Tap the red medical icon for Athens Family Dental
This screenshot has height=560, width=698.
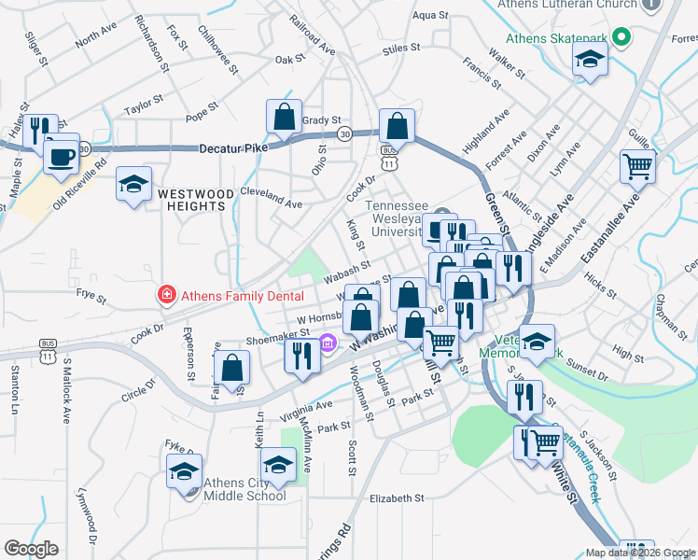[166, 295]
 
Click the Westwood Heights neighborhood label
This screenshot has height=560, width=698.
[195, 200]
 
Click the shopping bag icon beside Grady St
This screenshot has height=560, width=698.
[284, 117]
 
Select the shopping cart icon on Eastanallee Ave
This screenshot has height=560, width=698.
[637, 166]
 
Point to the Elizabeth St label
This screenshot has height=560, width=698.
[397, 498]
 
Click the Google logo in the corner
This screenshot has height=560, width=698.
[32, 549]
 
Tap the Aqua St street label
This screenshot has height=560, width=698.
[430, 15]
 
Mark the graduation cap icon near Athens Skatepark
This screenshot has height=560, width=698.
[589, 61]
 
